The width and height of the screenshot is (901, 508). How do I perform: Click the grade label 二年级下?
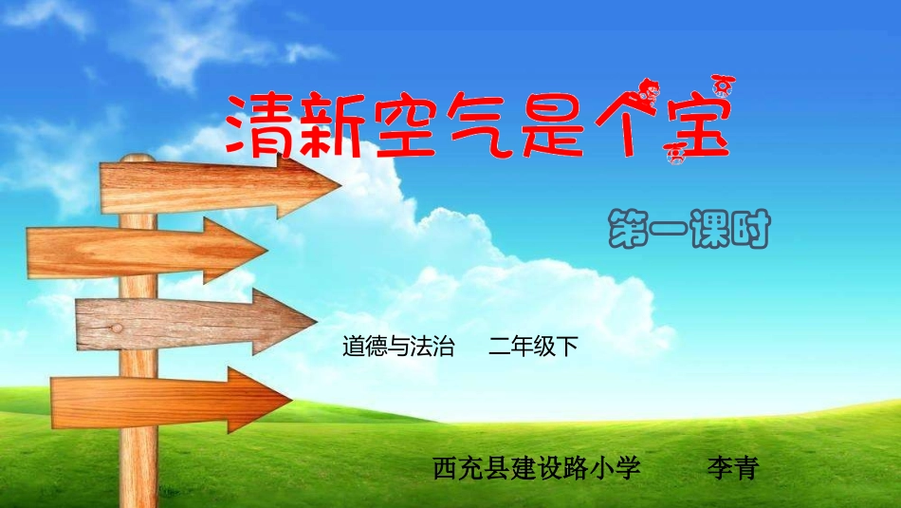(533, 347)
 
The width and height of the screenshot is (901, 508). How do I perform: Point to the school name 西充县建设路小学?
(537, 468)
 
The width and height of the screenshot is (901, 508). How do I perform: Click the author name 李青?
(732, 468)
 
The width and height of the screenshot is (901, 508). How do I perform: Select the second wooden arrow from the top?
(142, 250)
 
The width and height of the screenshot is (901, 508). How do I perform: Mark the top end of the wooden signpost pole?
(138, 159)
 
